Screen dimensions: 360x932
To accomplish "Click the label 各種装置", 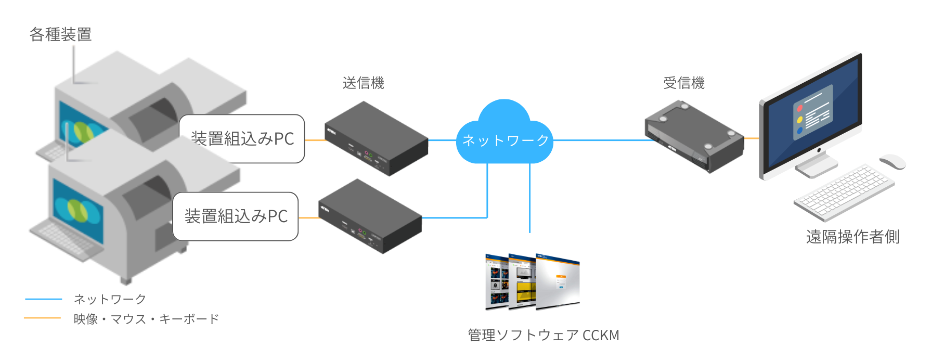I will [60, 34].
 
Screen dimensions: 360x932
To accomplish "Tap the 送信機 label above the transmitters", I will [363, 83].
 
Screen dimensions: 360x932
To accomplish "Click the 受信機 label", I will [683, 83].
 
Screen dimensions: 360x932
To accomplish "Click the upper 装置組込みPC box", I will [242, 139].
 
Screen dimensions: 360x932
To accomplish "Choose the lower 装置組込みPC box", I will [236, 216].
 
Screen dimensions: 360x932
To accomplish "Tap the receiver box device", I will [693, 136].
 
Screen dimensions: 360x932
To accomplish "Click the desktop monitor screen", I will [814, 114].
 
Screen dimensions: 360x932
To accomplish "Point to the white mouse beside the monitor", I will [892, 161].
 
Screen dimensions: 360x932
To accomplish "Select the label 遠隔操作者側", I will [852, 237].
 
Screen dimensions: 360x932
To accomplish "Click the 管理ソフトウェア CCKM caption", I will [543, 335].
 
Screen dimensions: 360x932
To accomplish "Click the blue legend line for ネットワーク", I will [44, 299].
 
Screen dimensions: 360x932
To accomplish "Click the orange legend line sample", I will [43, 318].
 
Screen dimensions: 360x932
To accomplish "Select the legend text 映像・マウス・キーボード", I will [146, 319].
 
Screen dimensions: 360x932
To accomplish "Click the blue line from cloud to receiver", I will [598, 140].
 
